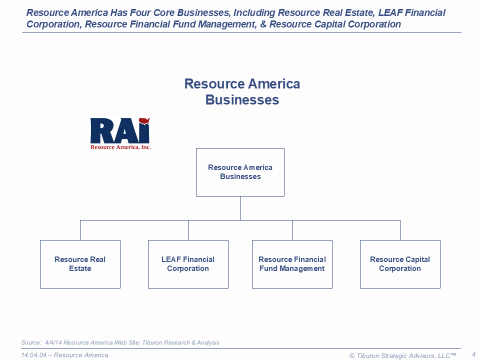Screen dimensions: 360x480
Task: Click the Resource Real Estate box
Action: pyautogui.click(x=80, y=264)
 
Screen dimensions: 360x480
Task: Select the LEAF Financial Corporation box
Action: pyautogui.click(x=188, y=264)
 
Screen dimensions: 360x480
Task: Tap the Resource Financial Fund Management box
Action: pyautogui.click(x=292, y=264)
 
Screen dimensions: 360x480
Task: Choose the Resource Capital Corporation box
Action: pyautogui.click(x=400, y=264)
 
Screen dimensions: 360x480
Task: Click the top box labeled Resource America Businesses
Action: pyautogui.click(x=240, y=172)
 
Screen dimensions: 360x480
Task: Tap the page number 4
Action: pyautogui.click(x=473, y=354)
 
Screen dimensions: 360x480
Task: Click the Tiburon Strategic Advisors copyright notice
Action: pyautogui.click(x=402, y=355)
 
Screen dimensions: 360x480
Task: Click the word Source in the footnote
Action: pyautogui.click(x=30, y=342)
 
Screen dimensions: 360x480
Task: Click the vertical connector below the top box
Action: pyautogui.click(x=240, y=208)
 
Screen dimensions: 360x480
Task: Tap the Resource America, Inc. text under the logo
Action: pyautogui.click(x=120, y=147)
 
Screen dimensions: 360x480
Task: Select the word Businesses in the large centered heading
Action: pyautogui.click(x=242, y=99)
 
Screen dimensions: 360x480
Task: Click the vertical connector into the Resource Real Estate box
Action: pyautogui.click(x=80, y=230)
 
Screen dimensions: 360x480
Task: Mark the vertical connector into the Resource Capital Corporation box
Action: pyautogui.click(x=400, y=230)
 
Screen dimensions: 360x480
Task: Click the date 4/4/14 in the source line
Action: pyautogui.click(x=54, y=342)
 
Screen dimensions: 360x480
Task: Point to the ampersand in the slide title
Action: pyautogui.click(x=263, y=24)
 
